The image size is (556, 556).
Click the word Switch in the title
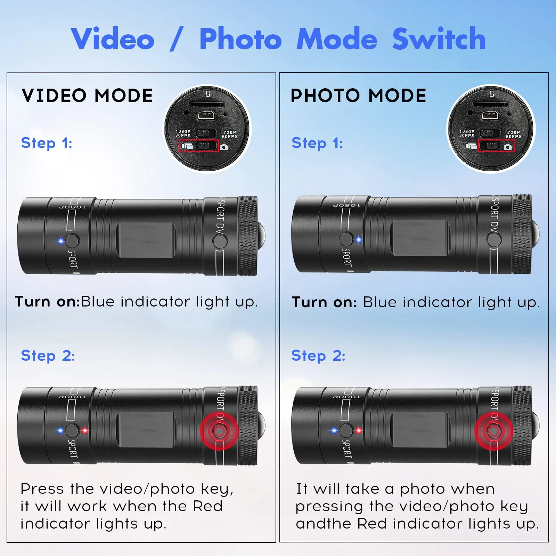click(439, 39)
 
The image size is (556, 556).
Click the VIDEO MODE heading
click(87, 96)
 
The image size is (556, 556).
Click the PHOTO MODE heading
click(358, 96)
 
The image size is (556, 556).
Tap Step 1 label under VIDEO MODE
click(47, 143)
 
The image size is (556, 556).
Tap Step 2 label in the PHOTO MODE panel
click(318, 355)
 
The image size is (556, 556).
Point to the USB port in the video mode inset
click(206, 116)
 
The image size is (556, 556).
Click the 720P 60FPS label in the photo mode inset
click(514, 134)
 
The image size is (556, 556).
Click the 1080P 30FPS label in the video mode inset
click(183, 133)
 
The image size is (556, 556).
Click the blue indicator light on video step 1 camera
click(61, 241)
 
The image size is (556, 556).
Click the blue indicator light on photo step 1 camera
click(359, 240)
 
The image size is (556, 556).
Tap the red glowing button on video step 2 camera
click(219, 431)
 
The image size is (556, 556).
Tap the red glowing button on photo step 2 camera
click(493, 431)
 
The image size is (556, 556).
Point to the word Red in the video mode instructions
click(207, 506)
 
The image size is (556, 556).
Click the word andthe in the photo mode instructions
click(323, 523)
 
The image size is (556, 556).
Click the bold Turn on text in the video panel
click(48, 301)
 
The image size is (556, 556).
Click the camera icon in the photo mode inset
click(508, 147)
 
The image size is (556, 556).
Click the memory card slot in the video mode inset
click(206, 104)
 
